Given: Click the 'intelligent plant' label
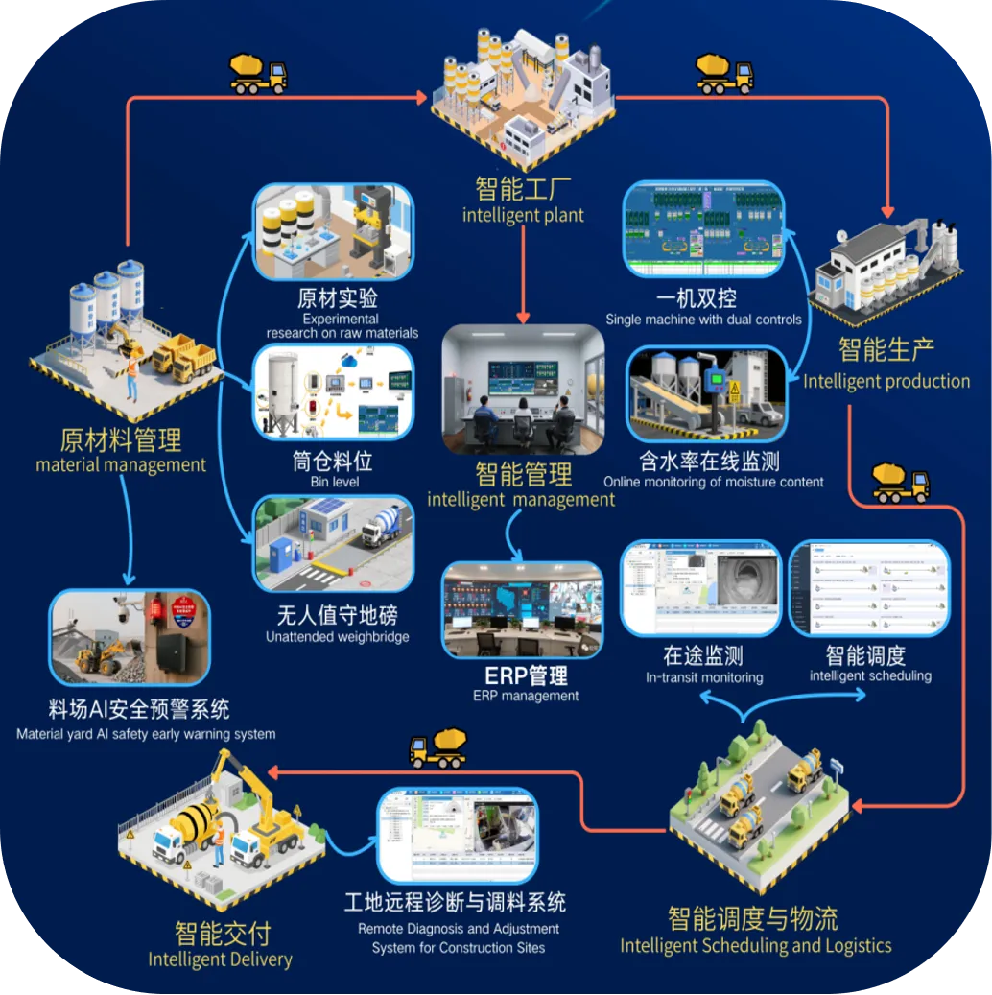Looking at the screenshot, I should [x=523, y=215].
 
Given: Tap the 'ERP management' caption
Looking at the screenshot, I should [x=525, y=696].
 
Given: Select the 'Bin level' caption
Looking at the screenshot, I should [x=334, y=482].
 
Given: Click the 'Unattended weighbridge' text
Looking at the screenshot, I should [x=337, y=637].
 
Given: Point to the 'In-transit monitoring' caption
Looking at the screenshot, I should [x=704, y=677].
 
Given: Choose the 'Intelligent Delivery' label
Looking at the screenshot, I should [x=220, y=959].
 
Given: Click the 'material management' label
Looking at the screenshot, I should [x=121, y=465].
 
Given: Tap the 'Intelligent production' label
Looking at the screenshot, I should [x=886, y=381].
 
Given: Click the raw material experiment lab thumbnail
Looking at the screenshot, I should [x=334, y=230].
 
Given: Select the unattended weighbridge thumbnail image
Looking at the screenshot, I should [x=334, y=542].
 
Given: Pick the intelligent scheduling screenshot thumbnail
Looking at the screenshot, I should [x=868, y=588].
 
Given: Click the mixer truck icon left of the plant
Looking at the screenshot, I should [x=258, y=73].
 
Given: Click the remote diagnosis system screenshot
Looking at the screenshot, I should [x=457, y=835].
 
